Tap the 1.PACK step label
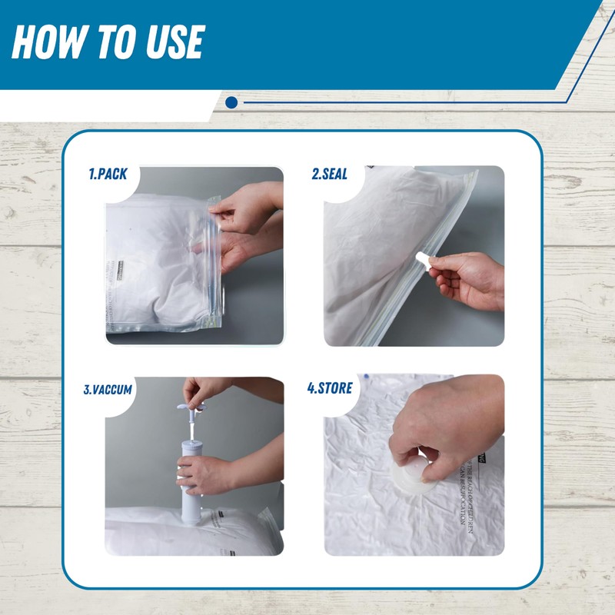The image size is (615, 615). click(107, 175)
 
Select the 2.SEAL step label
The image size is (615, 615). click(329, 175)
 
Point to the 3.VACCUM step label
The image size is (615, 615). click(108, 390)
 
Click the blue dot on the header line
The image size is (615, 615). click(231, 102)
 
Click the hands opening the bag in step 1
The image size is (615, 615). click(246, 219)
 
